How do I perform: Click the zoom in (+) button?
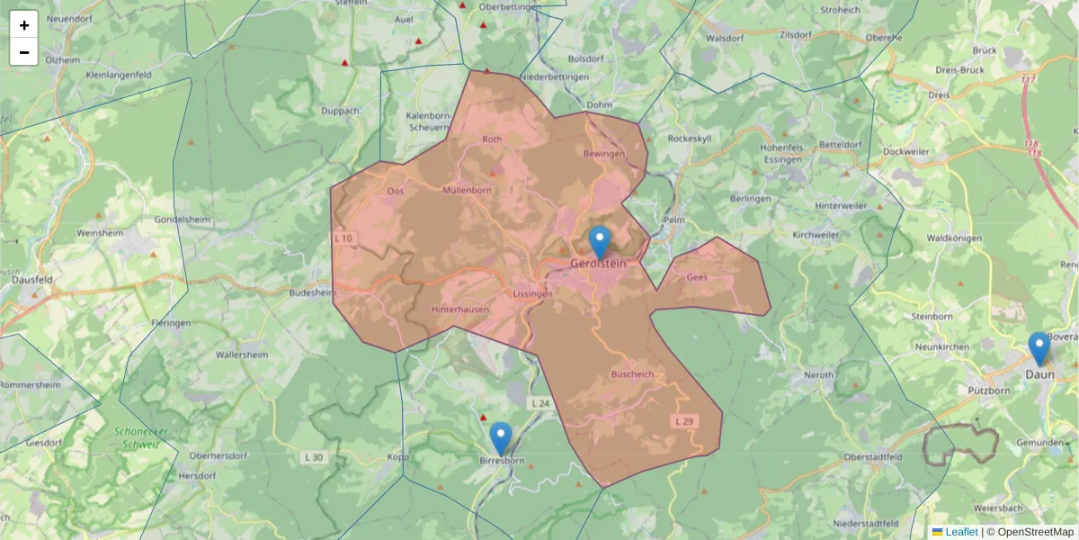click(x=24, y=25)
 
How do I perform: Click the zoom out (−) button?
click(x=24, y=52)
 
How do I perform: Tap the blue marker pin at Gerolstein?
click(x=600, y=241)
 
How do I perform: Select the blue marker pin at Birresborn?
click(x=501, y=437)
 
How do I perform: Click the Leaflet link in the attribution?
click(x=961, y=532)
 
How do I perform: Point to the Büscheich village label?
click(x=632, y=373)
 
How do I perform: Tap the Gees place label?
click(x=697, y=277)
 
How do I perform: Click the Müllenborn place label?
click(x=467, y=190)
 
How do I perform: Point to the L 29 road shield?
click(x=684, y=421)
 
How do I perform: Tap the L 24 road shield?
click(x=539, y=404)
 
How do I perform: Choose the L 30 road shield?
click(x=314, y=458)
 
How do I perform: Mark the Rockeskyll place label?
click(x=690, y=139)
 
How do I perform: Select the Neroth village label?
click(x=818, y=374)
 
